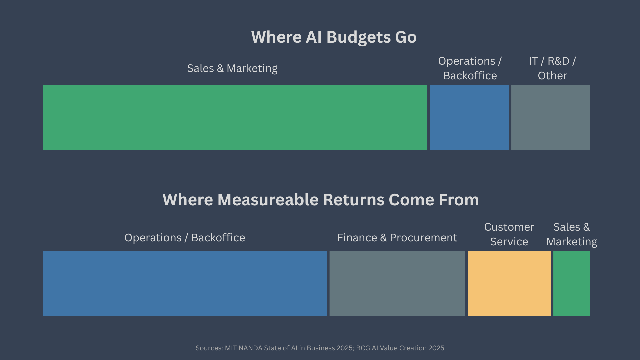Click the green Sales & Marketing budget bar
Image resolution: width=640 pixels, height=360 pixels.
click(x=235, y=117)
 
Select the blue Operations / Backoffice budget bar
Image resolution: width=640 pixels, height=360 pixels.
click(x=469, y=117)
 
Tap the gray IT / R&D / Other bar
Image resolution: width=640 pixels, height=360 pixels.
click(x=551, y=117)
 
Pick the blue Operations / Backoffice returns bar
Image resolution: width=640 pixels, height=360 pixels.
click(x=185, y=284)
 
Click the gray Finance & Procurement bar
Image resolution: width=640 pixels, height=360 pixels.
click(x=397, y=284)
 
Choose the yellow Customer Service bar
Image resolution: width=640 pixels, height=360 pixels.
click(x=509, y=284)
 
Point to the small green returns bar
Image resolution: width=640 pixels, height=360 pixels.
click(x=572, y=284)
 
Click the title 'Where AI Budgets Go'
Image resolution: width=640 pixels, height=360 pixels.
click(x=334, y=37)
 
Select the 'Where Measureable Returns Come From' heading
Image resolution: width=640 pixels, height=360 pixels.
click(x=321, y=200)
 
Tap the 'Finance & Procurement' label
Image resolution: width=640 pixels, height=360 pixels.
click(x=397, y=238)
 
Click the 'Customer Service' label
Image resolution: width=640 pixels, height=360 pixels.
click(x=509, y=234)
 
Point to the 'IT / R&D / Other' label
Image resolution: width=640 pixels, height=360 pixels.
click(x=552, y=68)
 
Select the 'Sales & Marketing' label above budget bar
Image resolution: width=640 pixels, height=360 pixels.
click(x=232, y=69)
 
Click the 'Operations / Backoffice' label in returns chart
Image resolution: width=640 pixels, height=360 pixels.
click(x=185, y=238)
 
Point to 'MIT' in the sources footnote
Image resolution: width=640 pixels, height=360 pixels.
click(x=231, y=348)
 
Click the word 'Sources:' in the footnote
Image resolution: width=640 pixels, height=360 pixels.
click(x=209, y=348)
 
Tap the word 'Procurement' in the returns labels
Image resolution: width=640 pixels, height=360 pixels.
click(x=424, y=238)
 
